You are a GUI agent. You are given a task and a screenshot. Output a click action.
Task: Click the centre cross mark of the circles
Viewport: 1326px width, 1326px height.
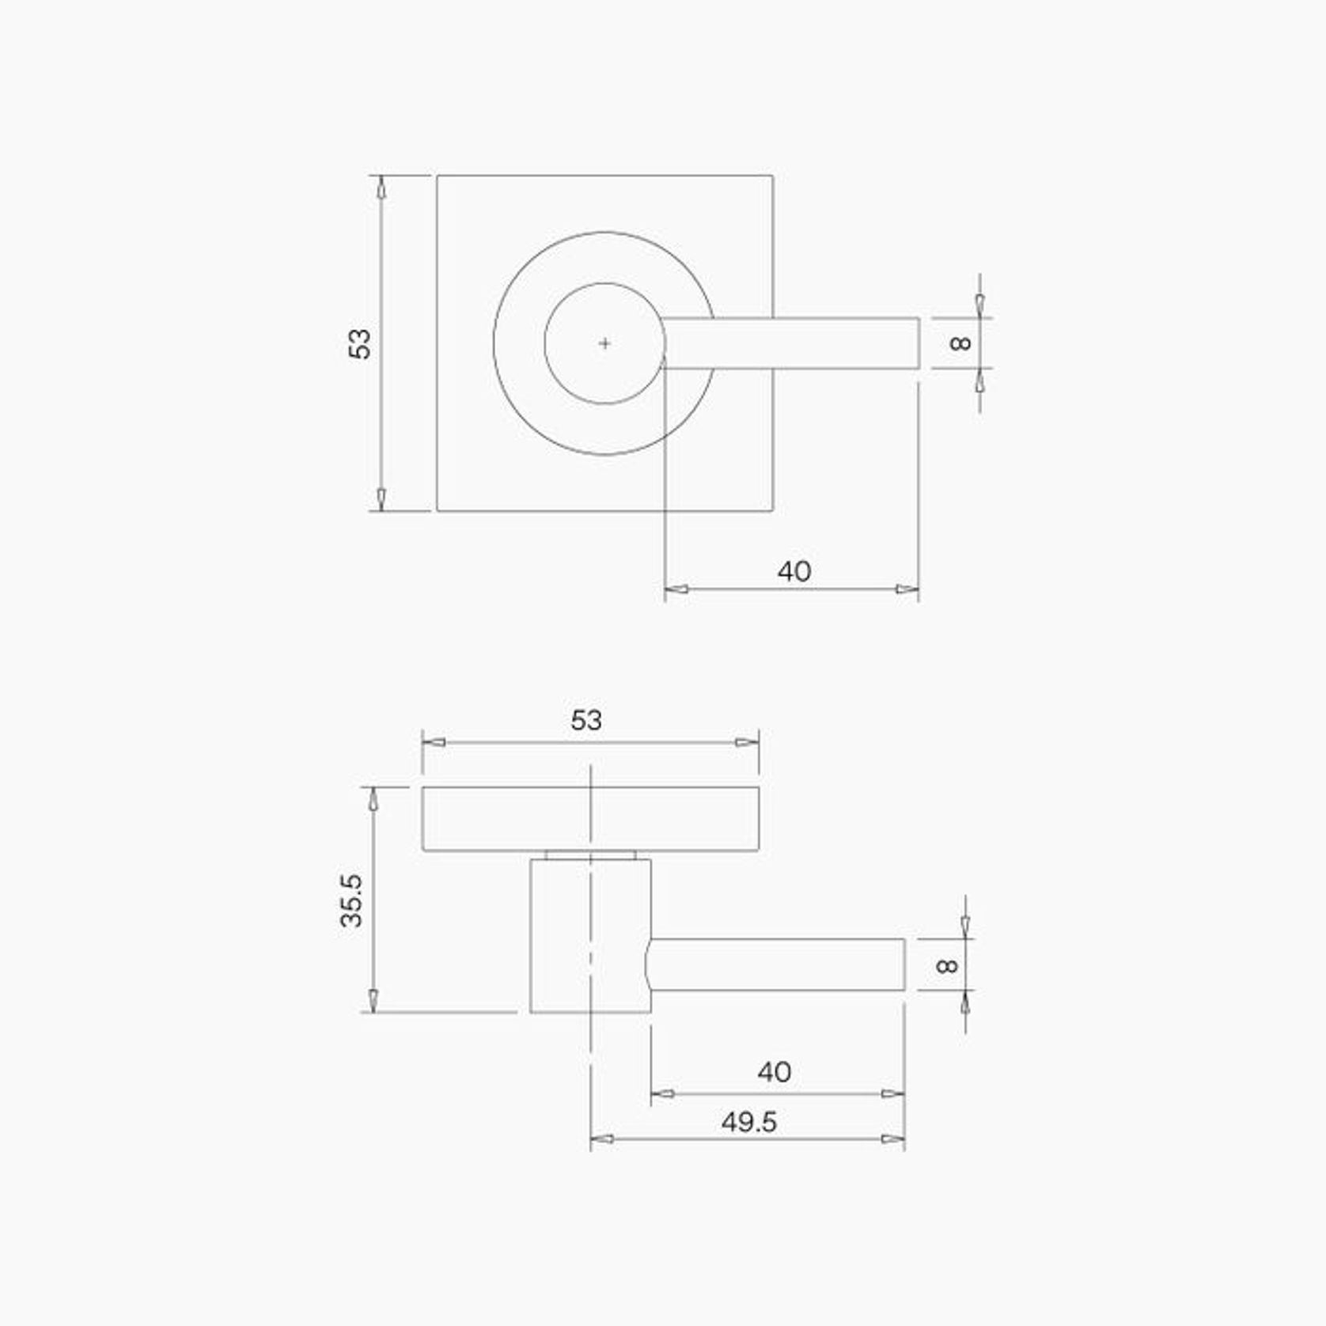(x=604, y=343)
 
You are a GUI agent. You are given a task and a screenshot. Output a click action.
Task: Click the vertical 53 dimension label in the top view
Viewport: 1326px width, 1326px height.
(x=360, y=343)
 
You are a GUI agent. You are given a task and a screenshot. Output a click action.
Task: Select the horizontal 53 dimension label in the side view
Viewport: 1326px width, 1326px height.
(x=586, y=720)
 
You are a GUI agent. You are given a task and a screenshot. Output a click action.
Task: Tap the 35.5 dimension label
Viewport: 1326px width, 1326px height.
(x=350, y=900)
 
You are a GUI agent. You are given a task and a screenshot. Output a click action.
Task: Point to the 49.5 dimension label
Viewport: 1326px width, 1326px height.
(x=748, y=1122)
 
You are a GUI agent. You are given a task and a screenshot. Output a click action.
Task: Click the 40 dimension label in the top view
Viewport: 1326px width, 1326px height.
(x=794, y=571)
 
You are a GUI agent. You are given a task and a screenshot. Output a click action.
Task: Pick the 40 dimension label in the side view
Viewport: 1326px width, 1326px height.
(x=774, y=1072)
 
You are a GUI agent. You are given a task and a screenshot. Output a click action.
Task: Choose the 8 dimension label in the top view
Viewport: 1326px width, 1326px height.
(x=960, y=343)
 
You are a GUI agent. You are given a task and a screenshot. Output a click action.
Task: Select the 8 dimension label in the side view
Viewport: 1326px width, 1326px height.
(x=946, y=965)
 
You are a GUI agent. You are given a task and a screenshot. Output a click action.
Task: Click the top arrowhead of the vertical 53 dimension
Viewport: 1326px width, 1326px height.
(x=381, y=187)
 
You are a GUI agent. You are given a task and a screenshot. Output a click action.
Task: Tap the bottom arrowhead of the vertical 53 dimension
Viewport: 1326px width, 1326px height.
(x=381, y=499)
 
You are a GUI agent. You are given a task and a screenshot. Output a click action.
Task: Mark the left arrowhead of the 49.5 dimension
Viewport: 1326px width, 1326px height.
(x=602, y=1139)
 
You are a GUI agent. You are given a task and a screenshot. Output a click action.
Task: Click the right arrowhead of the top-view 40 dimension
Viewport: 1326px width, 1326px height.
(x=907, y=589)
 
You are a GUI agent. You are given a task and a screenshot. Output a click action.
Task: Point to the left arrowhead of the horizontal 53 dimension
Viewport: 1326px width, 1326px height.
(x=434, y=742)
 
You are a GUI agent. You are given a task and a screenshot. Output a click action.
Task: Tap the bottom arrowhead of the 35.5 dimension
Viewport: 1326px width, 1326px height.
(x=373, y=1000)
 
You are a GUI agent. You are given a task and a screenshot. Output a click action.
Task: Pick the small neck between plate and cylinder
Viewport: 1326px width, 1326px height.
(x=590, y=855)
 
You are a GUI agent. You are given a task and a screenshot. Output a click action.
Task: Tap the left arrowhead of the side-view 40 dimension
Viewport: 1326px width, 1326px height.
(x=662, y=1094)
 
